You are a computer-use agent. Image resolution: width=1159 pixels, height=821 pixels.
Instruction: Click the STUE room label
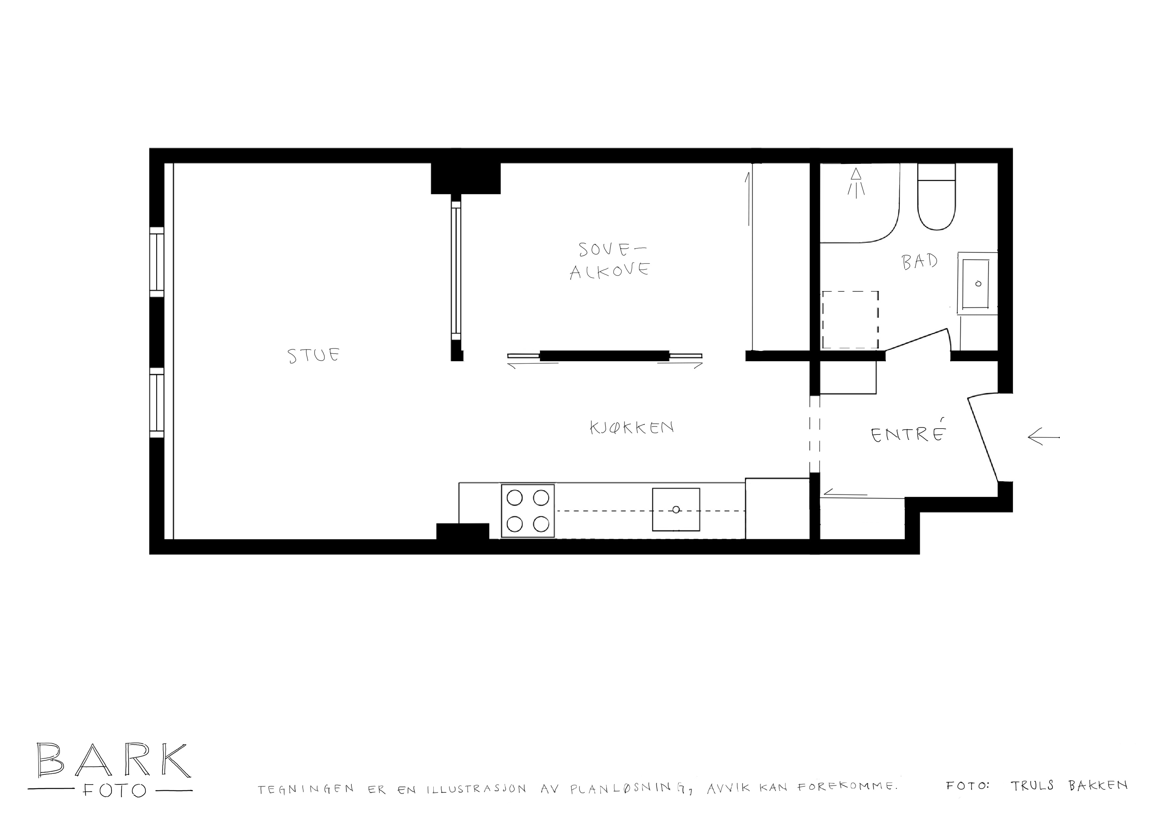[314, 355]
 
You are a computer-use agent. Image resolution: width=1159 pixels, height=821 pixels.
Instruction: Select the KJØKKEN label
[632, 428]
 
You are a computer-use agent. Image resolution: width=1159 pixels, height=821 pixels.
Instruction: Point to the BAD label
[920, 261]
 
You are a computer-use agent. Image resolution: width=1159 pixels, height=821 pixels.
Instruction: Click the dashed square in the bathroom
[850, 319]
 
